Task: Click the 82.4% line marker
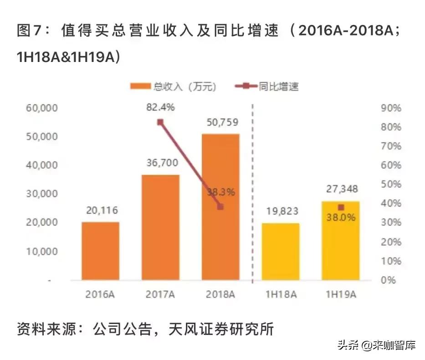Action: pyautogui.click(x=160, y=122)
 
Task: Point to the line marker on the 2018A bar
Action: pyautogui.click(x=220, y=207)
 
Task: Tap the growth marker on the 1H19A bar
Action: pyautogui.click(x=341, y=207)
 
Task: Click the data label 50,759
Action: pyautogui.click(x=220, y=123)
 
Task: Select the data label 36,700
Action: pyautogui.click(x=160, y=163)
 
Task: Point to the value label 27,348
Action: pyautogui.click(x=341, y=189)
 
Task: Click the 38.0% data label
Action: pyautogui.click(x=341, y=218)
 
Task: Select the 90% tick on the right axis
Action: pyautogui.click(x=391, y=108)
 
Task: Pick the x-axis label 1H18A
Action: pyautogui.click(x=281, y=294)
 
